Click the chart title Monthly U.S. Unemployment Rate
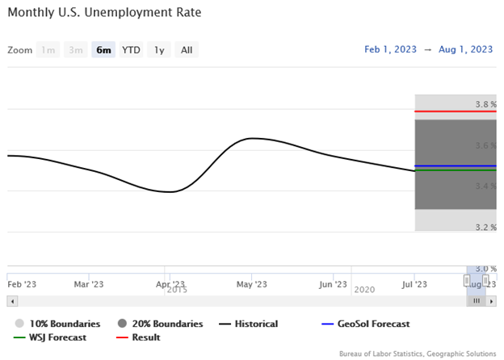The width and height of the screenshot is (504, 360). click(x=104, y=14)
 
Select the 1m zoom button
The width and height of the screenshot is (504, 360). click(x=48, y=50)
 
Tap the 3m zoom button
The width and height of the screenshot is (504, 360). click(x=76, y=50)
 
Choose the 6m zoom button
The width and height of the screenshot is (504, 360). click(x=103, y=50)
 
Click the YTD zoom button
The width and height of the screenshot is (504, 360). click(x=131, y=50)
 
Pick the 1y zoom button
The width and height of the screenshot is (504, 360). click(x=159, y=50)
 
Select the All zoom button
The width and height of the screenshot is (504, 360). click(x=187, y=50)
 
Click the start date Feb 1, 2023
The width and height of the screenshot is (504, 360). click(x=391, y=50)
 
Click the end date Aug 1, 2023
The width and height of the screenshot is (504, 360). click(x=466, y=50)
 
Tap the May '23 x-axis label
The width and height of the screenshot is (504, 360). click(x=252, y=284)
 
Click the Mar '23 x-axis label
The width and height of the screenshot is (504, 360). click(x=89, y=284)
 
